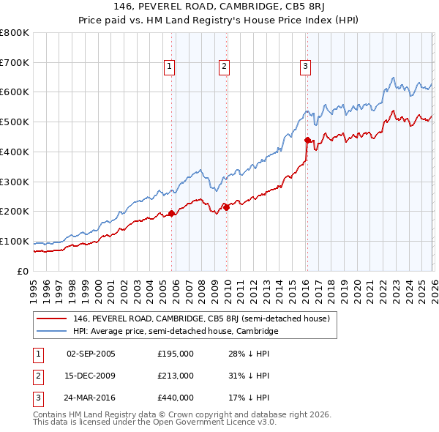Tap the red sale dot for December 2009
click(x=227, y=207)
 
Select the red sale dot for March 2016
click(x=307, y=139)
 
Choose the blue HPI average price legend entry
click(x=176, y=331)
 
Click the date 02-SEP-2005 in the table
click(x=91, y=354)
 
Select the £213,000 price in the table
click(x=176, y=376)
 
